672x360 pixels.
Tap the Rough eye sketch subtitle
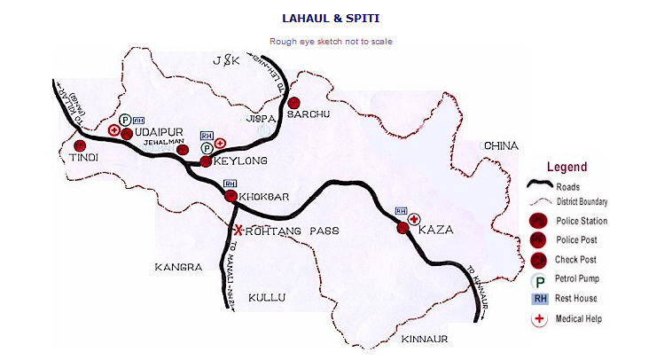point(331,42)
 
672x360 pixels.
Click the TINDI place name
point(82,157)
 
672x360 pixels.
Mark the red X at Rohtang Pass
point(238,229)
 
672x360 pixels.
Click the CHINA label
point(500,145)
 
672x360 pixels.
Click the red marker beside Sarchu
point(296,103)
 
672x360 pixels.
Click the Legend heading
point(567,167)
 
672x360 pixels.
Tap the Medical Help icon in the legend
point(538,319)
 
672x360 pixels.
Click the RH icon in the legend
point(538,299)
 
